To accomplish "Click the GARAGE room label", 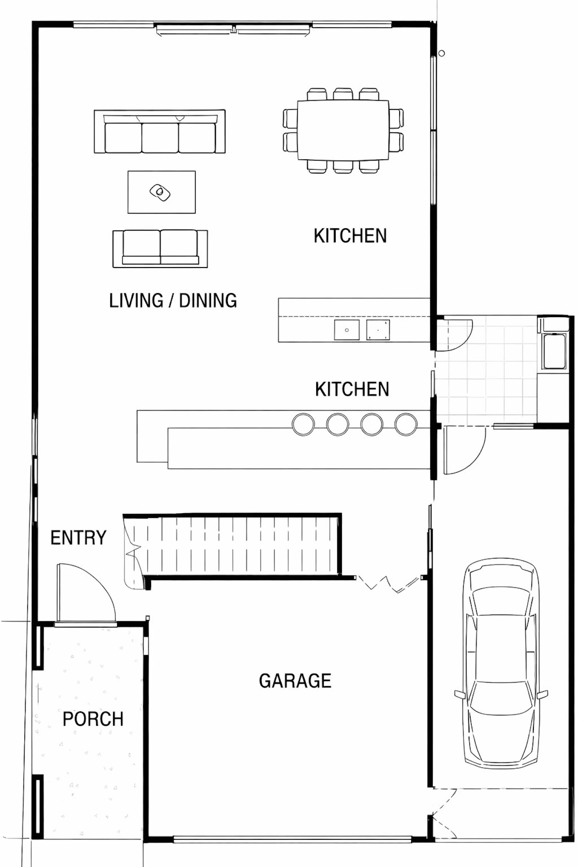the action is tap(295, 681).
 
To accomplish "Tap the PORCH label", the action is tap(93, 719).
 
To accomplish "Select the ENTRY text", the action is tap(78, 538).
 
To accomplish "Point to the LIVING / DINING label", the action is tap(173, 300).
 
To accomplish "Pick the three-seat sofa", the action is tap(160, 131).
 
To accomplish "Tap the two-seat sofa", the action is tap(160, 249).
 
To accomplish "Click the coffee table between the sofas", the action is tap(161, 192).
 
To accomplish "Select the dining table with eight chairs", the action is tap(343, 130).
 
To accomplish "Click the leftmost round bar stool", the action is tap(303, 424).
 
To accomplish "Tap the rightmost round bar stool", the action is tap(406, 424).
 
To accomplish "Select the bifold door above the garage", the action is tap(389, 584).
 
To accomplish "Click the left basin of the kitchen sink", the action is tap(347, 330).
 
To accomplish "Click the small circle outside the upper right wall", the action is tap(442, 53).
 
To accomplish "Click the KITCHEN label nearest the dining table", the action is tap(350, 236).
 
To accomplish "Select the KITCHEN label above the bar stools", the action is tap(352, 389).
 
